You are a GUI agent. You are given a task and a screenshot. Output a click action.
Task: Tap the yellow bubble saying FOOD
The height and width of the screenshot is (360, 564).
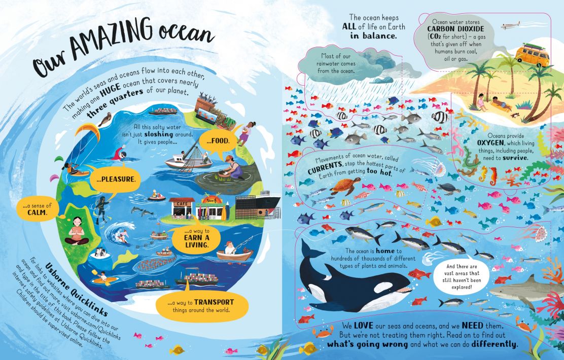click(219, 140)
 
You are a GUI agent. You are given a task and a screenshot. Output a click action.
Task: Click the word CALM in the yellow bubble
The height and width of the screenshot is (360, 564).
click(36, 213)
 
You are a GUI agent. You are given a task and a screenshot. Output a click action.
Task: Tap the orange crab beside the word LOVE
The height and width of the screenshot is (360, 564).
click(322, 333)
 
